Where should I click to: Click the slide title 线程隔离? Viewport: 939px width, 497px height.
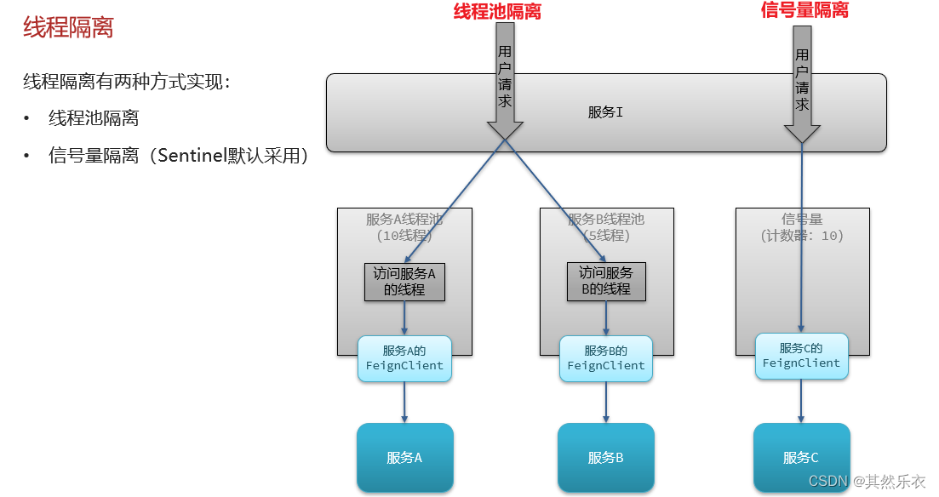click(x=68, y=27)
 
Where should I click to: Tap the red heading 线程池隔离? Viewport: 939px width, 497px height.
click(x=497, y=11)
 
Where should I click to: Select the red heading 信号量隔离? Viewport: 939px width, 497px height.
click(x=804, y=10)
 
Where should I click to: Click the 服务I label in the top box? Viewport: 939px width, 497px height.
click(x=605, y=112)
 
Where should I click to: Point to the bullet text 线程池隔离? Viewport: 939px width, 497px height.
click(x=94, y=118)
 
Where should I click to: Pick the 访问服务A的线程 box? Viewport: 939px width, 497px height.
click(x=404, y=281)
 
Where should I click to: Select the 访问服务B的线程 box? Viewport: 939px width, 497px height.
click(x=606, y=281)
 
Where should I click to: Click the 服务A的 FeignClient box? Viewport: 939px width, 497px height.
click(x=404, y=357)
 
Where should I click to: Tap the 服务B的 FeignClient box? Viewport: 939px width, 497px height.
click(x=606, y=357)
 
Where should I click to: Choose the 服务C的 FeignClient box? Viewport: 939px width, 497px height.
click(x=801, y=355)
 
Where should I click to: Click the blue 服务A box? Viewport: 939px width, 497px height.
click(x=404, y=457)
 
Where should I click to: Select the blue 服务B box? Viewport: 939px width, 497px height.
click(x=605, y=457)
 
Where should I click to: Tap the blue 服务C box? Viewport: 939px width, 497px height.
click(x=801, y=457)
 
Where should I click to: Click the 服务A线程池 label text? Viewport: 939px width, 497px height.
click(x=404, y=219)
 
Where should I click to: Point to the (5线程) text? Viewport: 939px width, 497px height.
click(x=606, y=236)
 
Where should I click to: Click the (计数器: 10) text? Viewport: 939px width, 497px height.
click(x=802, y=236)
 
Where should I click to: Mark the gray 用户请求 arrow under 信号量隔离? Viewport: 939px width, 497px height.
click(x=802, y=85)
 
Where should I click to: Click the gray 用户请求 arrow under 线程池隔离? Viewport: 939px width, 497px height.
click(x=505, y=85)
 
